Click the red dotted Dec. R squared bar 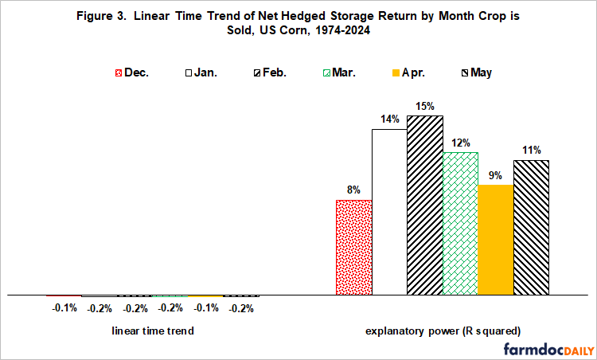point(353,248)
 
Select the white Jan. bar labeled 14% point(389,212)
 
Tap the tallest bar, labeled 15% point(425,205)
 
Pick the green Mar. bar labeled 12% point(460,224)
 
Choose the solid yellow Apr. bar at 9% point(495,240)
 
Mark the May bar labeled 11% point(531,228)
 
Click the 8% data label point(353,190)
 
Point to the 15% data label point(425,105)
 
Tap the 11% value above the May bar point(532,150)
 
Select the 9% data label point(495,174)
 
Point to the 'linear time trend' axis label point(152,331)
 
